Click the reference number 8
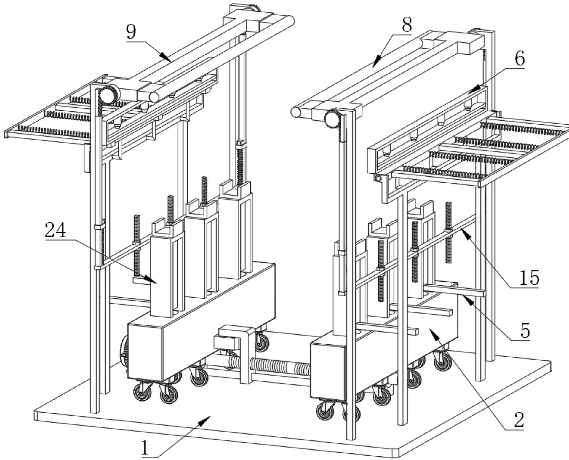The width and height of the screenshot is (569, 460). pyautogui.click(x=407, y=25)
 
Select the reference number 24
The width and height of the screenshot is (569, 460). pyautogui.click(x=55, y=231)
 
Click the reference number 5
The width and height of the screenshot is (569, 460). pyautogui.click(x=525, y=331)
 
